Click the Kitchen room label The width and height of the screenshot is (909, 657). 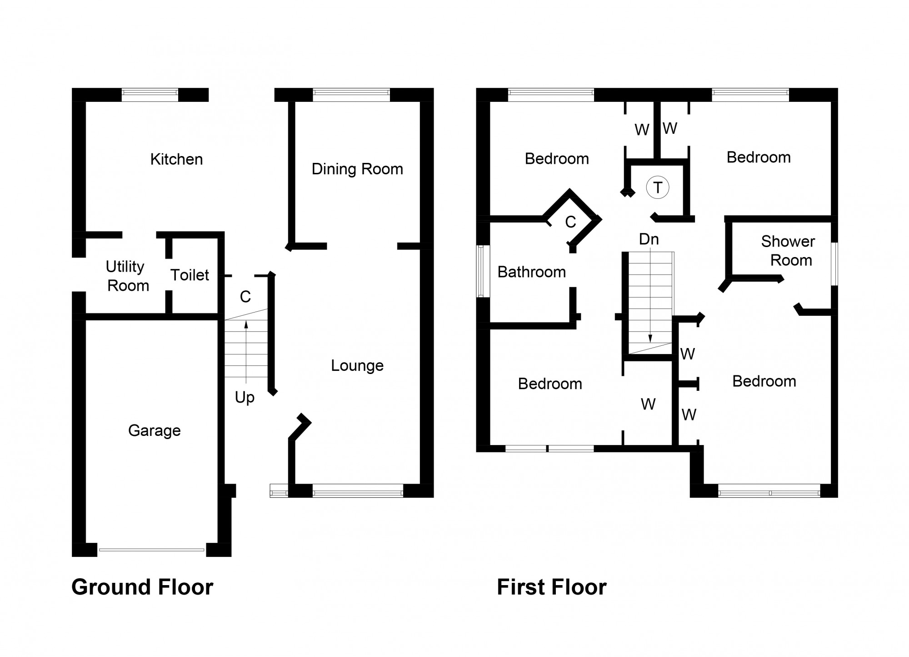pos(176,159)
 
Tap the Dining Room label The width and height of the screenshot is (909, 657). pos(357,169)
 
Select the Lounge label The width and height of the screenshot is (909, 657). pos(357,365)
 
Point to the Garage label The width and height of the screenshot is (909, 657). pos(154,430)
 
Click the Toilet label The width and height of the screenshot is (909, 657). pos(190,275)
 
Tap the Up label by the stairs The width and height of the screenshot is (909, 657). pos(245,397)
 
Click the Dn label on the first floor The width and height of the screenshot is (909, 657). pos(649,239)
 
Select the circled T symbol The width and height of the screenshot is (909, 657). pos(658,187)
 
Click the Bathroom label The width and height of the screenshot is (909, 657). pos(531,272)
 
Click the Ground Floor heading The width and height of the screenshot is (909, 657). pos(142,587)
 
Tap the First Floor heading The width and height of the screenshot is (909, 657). pos(551,587)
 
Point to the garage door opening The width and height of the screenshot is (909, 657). pos(152,550)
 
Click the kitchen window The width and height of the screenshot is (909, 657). pos(150,95)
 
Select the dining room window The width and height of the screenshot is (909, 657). pos(351,95)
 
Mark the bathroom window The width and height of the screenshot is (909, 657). pos(483,271)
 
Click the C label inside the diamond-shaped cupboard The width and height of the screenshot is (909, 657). pos(570,222)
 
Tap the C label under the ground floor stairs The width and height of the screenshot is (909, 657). pos(245,297)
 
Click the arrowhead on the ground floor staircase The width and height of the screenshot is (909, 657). pos(246,324)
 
